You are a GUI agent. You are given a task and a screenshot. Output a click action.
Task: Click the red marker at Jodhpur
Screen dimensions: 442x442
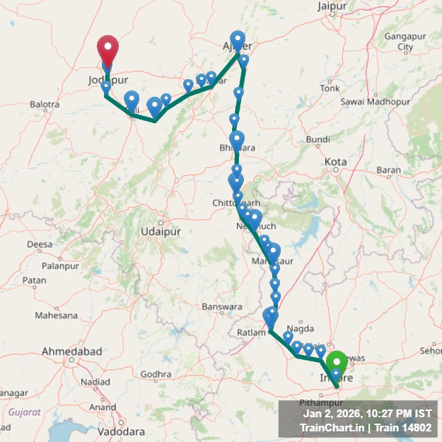[x=107, y=50]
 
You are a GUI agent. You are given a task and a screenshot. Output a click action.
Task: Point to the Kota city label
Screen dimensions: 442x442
[x=335, y=162]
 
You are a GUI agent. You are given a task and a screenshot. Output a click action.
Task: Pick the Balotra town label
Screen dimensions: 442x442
[x=45, y=105]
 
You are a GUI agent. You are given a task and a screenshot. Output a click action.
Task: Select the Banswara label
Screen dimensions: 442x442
[x=222, y=307]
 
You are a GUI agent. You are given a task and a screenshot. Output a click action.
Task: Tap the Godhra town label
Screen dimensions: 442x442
[x=156, y=374]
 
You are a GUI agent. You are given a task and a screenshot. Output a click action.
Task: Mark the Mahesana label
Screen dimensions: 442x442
[x=57, y=315]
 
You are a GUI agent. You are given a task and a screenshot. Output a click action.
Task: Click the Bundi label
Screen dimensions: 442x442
[x=318, y=139]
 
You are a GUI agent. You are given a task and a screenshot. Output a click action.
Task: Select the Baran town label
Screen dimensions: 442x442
[x=389, y=170]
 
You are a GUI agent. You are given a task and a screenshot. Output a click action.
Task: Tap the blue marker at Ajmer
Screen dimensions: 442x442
[x=238, y=40]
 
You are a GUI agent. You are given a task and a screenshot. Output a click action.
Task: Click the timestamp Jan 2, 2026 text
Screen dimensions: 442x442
[x=332, y=413]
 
